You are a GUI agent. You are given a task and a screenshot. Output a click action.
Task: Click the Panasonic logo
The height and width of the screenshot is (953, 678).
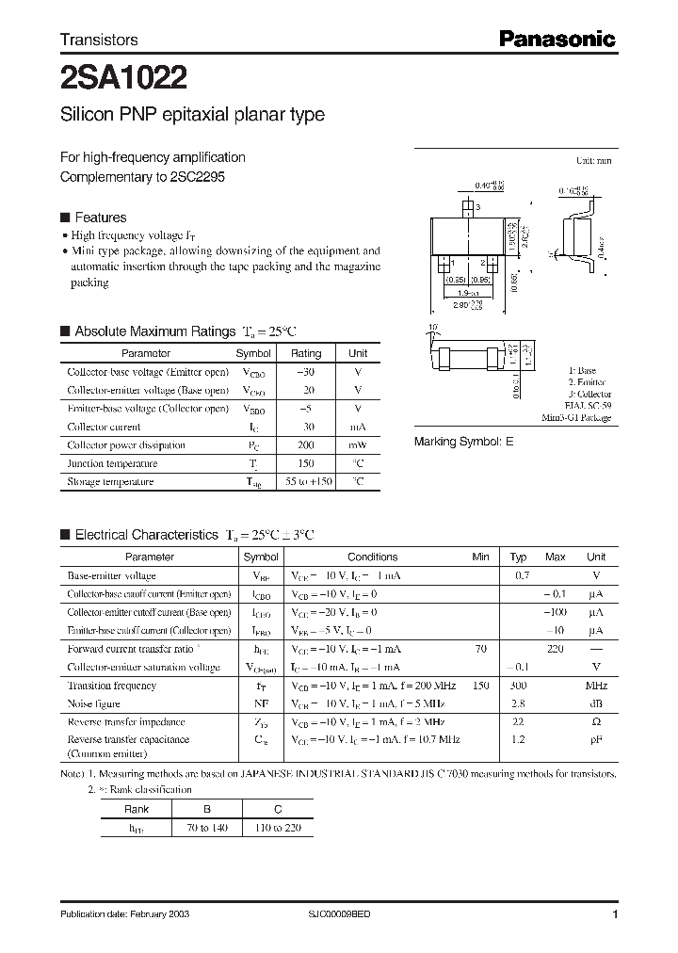pyautogui.click(x=557, y=39)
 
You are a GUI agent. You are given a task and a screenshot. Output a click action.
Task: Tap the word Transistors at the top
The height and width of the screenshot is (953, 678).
pyautogui.click(x=99, y=40)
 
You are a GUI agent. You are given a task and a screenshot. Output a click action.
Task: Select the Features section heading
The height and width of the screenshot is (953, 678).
pyautogui.click(x=100, y=218)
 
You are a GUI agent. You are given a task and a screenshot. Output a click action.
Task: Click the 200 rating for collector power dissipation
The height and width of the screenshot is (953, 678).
pyautogui.click(x=306, y=445)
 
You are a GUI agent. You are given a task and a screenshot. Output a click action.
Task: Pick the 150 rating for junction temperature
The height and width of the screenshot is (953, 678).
pyautogui.click(x=306, y=463)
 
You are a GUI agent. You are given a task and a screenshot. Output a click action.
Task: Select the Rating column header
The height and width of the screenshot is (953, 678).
pyautogui.click(x=306, y=353)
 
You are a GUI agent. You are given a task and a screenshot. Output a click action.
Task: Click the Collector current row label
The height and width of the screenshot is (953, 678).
pyautogui.click(x=105, y=427)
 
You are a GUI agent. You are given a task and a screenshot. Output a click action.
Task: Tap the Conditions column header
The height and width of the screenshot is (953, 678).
pyautogui.click(x=372, y=557)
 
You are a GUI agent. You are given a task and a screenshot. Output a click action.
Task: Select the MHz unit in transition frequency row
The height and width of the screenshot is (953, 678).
pyautogui.click(x=595, y=686)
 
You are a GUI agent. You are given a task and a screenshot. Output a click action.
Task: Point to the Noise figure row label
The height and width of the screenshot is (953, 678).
pyautogui.click(x=95, y=703)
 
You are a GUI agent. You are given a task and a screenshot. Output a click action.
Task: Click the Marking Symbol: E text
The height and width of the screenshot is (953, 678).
pyautogui.click(x=464, y=441)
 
